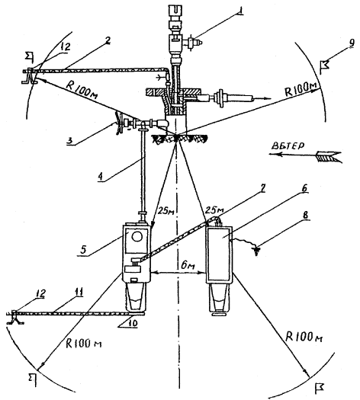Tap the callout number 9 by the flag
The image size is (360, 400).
coord(352,43)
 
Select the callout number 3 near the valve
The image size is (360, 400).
coord(69,140)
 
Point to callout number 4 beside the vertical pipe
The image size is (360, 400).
coord(101,177)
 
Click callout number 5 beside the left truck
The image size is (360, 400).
coord(83,249)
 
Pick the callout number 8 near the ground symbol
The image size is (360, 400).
coord(306,215)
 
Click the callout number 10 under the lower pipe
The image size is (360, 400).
coord(133,323)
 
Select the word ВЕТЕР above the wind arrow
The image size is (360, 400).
coord(288,146)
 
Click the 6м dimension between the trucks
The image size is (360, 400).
coord(188,266)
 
